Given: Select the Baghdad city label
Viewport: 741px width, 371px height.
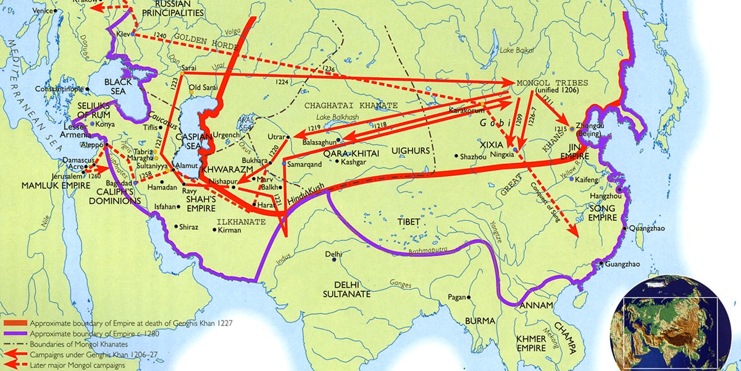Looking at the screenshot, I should tap(121, 183).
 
